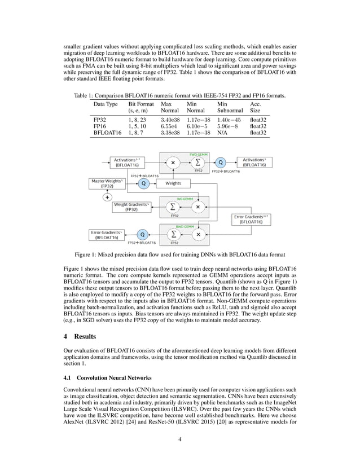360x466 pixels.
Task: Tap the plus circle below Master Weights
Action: (107, 197)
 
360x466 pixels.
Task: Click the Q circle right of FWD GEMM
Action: (221, 162)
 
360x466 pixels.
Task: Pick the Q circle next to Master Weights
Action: (143, 183)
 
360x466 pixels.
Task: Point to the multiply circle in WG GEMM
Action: (198, 207)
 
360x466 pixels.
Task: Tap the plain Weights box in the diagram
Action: (173, 183)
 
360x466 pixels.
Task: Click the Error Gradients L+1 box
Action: (251, 219)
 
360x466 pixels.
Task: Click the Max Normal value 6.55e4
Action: (169, 127)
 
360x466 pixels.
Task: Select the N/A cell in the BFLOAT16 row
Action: (223, 134)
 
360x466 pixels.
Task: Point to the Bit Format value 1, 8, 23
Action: (138, 120)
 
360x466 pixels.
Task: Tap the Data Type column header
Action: (106, 104)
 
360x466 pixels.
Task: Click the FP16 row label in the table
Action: (100, 127)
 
